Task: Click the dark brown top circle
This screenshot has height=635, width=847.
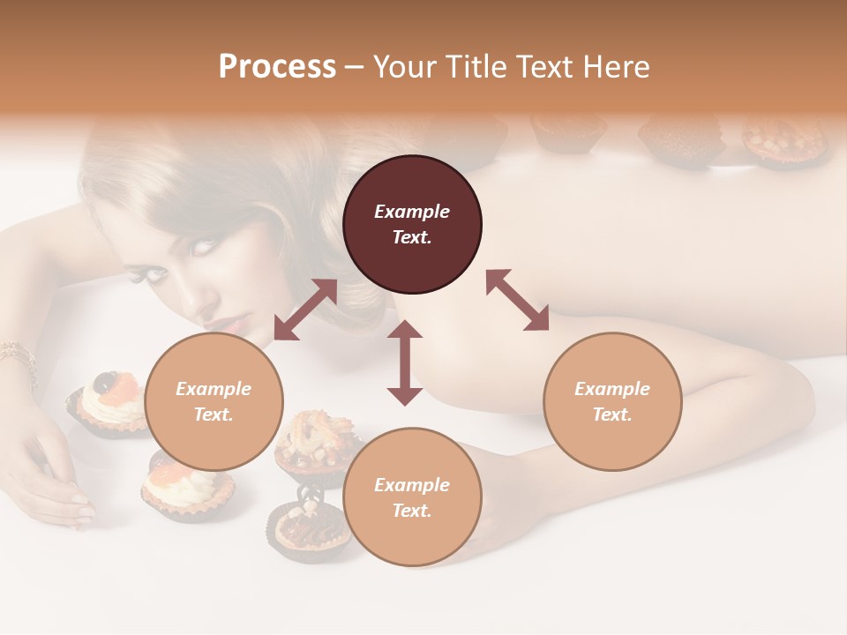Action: coord(412,224)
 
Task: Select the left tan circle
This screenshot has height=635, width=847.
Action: coord(214,401)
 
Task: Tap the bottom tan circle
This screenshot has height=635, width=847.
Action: coord(412,497)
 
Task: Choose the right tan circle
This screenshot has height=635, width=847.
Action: coord(612,401)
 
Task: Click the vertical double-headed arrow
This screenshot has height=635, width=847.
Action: coord(405,362)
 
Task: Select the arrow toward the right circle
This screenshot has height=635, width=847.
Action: coord(518,300)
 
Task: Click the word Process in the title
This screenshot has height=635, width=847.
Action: coord(277,66)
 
